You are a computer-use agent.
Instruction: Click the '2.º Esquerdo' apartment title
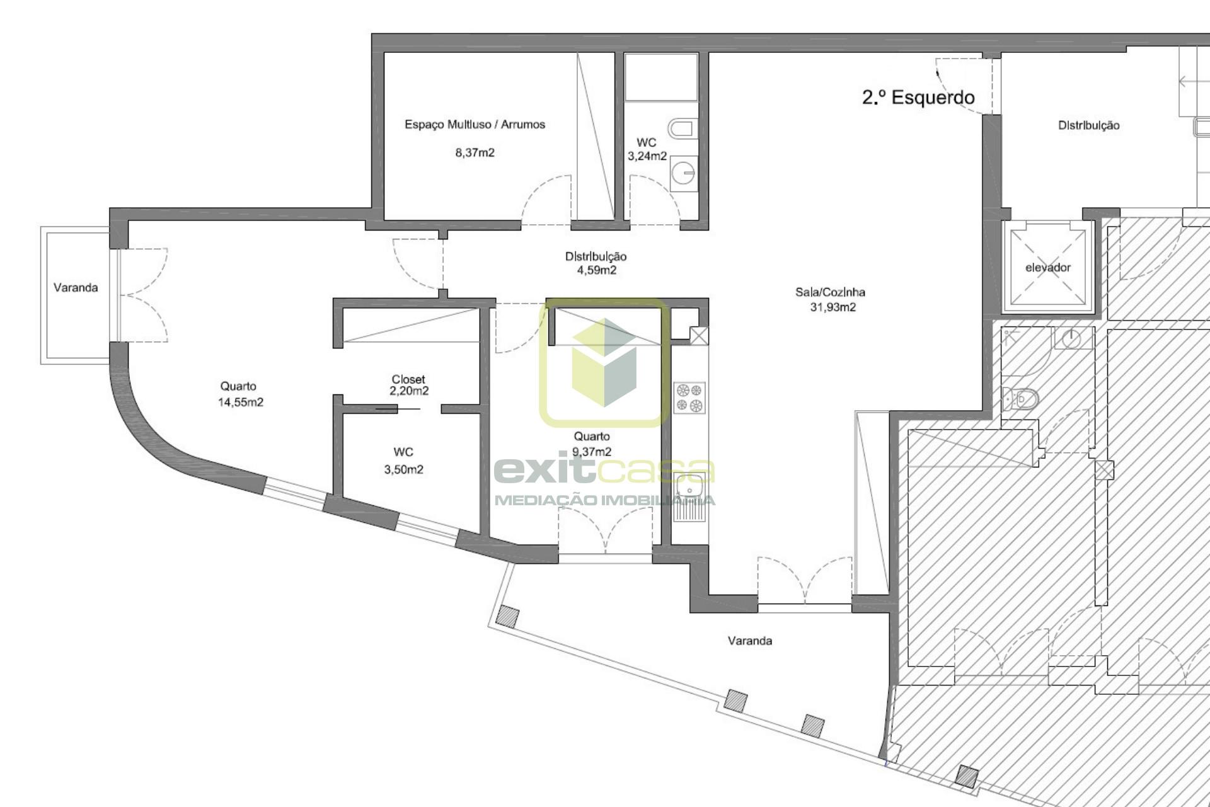[918, 98]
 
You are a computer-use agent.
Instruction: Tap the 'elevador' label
[1048, 268]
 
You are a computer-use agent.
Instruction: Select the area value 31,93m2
[833, 307]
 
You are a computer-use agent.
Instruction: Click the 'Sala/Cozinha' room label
[831, 292]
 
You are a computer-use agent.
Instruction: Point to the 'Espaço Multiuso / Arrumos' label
[475, 125]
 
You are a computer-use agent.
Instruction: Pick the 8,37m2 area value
[475, 152]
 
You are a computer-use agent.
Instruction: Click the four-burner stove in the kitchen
[689, 398]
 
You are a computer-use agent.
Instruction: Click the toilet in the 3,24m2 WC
[681, 130]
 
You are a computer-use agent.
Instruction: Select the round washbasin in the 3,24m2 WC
[683, 172]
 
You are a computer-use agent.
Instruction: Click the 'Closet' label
[408, 379]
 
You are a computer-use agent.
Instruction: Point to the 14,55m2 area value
[241, 403]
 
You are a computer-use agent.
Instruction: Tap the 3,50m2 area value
[404, 469]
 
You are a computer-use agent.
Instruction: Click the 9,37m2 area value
[592, 452]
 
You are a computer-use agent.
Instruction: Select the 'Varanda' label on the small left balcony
[76, 288]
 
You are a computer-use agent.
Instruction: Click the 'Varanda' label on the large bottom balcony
[750, 641]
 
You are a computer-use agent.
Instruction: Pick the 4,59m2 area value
[597, 270]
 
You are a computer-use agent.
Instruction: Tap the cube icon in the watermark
[604, 362]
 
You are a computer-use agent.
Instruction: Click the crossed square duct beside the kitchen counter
[699, 335]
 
